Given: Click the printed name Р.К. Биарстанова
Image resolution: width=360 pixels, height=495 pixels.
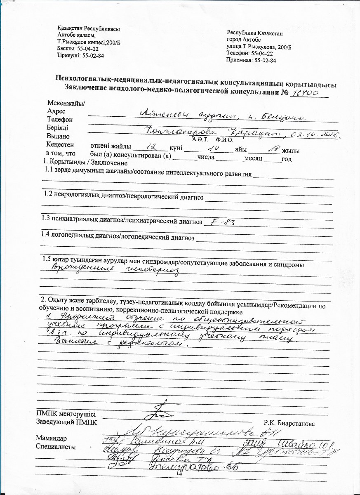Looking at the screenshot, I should tap(289, 423).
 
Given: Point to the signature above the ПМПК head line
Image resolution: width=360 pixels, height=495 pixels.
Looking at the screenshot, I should tap(156, 410).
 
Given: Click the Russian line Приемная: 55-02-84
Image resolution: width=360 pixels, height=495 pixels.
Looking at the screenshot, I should tap(251, 60).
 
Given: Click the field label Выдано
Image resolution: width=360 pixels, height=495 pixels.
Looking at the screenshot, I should tap(59, 136).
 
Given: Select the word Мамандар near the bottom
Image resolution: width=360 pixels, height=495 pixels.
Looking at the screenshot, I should tap(51, 438).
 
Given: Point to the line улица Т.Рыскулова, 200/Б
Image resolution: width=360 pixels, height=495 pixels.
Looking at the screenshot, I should tap(258, 47).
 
